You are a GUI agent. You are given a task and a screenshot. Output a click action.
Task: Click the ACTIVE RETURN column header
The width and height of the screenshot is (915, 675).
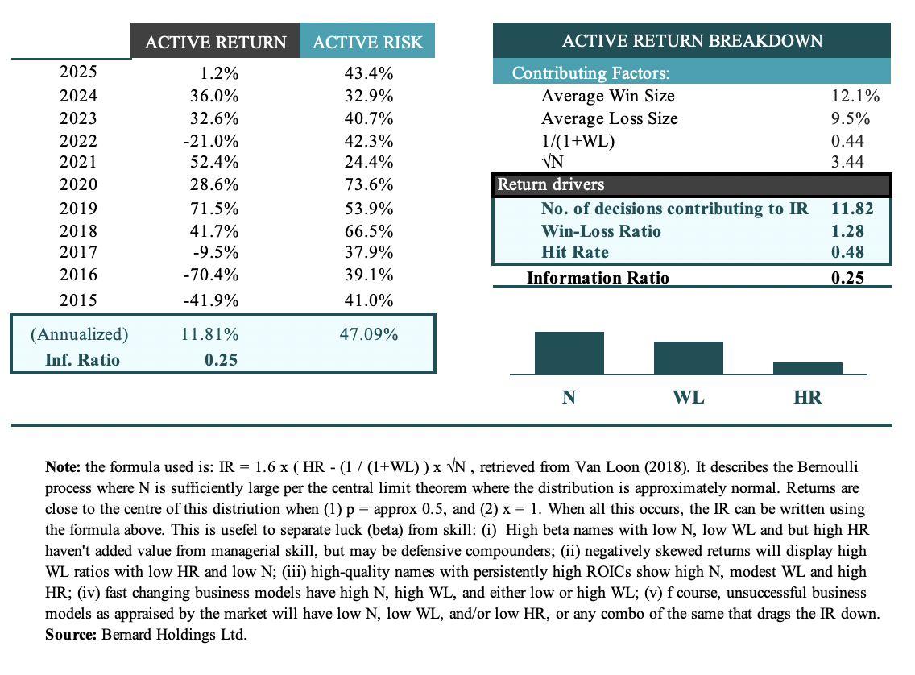215,42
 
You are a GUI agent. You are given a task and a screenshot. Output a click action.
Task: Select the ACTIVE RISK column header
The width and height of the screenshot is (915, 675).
367,42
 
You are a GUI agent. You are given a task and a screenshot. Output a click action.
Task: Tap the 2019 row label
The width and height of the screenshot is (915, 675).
79,209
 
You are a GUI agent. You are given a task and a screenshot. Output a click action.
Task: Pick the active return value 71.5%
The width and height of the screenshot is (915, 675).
216,209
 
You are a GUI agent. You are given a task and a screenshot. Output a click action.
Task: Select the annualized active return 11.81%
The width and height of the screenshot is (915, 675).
211,333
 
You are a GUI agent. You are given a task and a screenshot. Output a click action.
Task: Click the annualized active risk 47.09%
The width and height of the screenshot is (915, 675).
367,333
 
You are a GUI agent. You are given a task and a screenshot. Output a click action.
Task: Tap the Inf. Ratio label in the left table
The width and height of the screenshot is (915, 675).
79,359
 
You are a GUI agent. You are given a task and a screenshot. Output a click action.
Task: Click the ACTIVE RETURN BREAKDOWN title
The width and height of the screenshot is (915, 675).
692,41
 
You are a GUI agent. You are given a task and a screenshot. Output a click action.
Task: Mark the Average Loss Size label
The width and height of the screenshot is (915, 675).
609,118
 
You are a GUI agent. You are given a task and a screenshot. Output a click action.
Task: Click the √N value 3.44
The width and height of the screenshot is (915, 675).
847,162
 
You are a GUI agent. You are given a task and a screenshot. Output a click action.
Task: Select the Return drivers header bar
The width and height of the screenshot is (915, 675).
692,184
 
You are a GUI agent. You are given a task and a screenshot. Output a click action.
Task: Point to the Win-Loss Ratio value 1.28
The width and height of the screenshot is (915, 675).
847,231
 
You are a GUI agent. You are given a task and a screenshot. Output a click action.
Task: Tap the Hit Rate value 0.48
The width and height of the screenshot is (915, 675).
847,252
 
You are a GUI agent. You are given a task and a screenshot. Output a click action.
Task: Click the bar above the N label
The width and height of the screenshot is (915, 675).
569,353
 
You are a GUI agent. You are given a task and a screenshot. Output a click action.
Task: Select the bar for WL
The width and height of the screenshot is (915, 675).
688,358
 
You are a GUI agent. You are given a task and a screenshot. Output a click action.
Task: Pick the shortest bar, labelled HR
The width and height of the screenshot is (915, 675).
807,368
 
